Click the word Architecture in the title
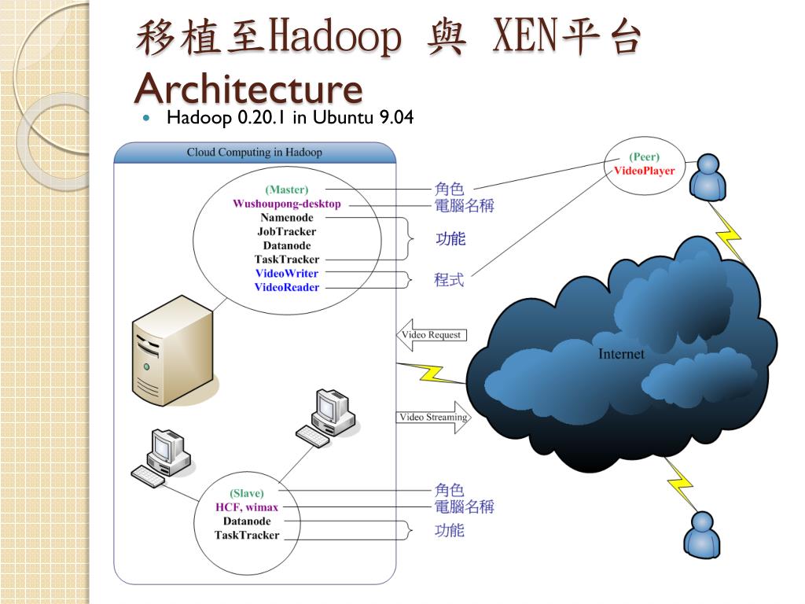click(248, 88)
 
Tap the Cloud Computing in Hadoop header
click(254, 153)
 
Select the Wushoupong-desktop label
click(286, 204)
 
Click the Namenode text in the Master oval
click(287, 218)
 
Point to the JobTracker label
click(286, 232)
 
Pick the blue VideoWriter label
click(286, 274)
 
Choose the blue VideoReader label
click(286, 288)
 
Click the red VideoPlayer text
click(644, 171)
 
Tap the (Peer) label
click(644, 157)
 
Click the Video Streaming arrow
click(433, 418)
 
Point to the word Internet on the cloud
click(620, 354)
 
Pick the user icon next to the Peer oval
click(708, 177)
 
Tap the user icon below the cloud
click(701, 535)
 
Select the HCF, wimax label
click(247, 507)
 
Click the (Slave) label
click(247, 494)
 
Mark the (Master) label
click(286, 190)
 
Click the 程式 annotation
click(449, 280)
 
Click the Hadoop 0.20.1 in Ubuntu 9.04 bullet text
click(290, 118)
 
